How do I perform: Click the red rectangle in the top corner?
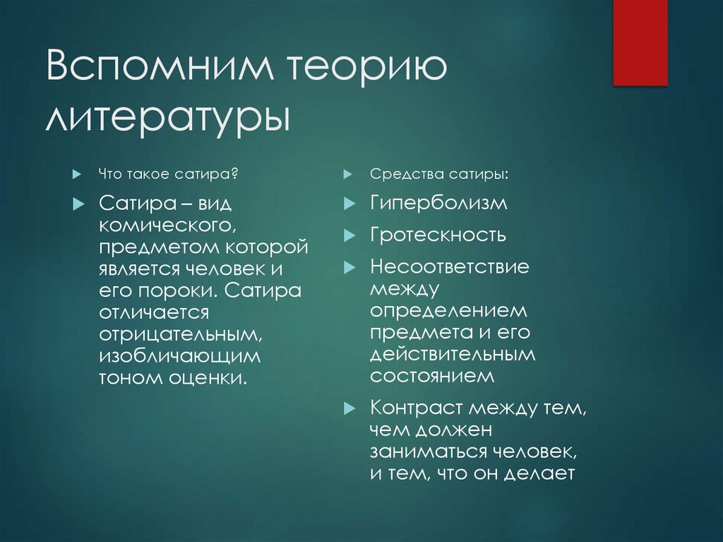point(640,42)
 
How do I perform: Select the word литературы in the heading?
point(167,117)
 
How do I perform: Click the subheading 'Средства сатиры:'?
point(438,174)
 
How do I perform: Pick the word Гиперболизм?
point(438,204)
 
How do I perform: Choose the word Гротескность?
point(438,235)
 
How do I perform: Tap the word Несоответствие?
point(450,267)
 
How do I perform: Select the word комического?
point(166,225)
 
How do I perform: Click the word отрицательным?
point(181,334)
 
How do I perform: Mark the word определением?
point(449,311)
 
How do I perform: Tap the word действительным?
point(453,354)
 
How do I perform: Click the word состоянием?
point(433,376)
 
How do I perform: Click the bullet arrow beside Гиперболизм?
point(348,204)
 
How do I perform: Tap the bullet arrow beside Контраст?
point(348,408)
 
